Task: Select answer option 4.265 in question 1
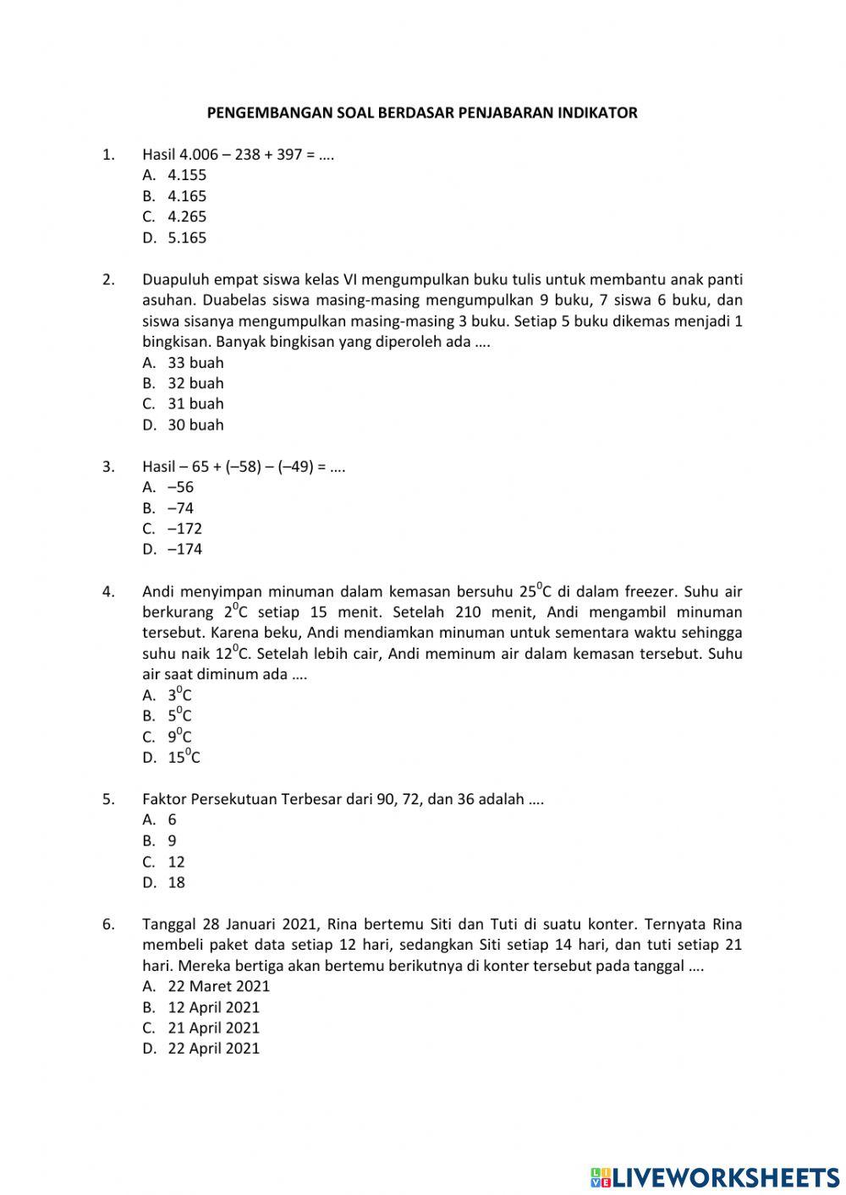click(186, 217)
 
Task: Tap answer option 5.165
click(186, 238)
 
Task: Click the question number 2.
click(107, 280)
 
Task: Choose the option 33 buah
click(195, 363)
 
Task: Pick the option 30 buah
click(195, 425)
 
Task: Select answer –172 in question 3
click(184, 529)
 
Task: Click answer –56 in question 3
click(180, 487)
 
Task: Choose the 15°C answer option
click(184, 757)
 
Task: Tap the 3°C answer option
click(179, 695)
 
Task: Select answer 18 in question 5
click(176, 882)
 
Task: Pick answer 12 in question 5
click(176, 862)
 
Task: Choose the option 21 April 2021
click(213, 1028)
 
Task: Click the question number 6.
click(107, 924)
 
